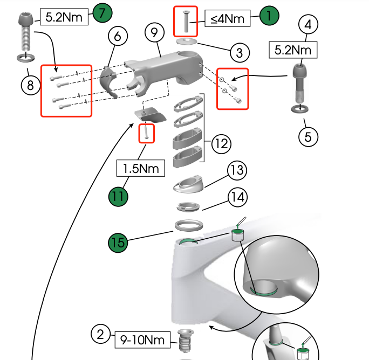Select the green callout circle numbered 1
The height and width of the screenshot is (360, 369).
(x=269, y=16)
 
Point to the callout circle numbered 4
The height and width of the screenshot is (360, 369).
(x=308, y=25)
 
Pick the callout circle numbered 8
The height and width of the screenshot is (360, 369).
(x=31, y=84)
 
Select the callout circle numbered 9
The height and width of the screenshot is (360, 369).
(x=155, y=33)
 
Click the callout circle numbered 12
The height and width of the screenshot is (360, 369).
(x=221, y=144)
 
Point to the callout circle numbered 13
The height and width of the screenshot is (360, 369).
(x=236, y=170)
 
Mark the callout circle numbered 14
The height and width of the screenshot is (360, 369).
(x=236, y=197)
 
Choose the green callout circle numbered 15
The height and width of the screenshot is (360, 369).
(x=118, y=243)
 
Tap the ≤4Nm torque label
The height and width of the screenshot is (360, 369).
(x=227, y=19)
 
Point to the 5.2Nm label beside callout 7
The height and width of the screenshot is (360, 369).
(x=64, y=17)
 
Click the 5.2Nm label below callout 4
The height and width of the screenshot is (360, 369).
(x=293, y=50)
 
